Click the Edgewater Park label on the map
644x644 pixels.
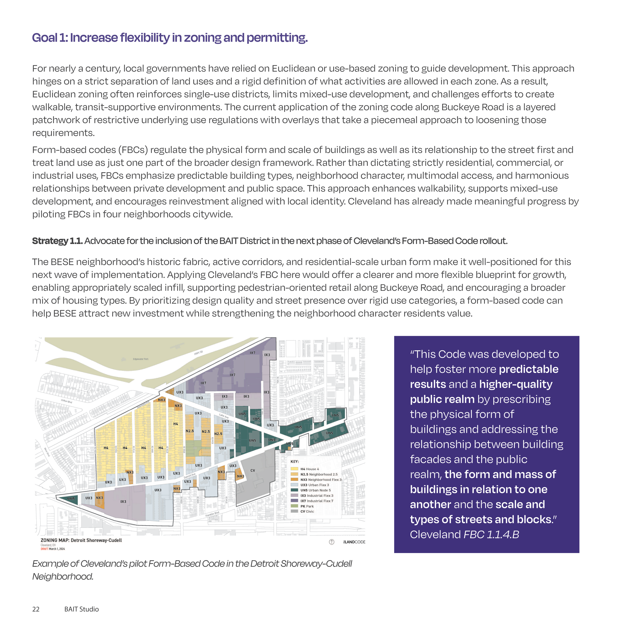(x=141, y=359)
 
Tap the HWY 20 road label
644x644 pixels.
(x=198, y=353)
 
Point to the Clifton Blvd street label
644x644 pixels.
(x=66, y=401)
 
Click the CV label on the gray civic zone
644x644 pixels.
(x=253, y=471)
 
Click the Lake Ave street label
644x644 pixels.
(x=224, y=416)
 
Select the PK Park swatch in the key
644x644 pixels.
(x=294, y=506)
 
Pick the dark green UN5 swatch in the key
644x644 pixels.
(x=294, y=490)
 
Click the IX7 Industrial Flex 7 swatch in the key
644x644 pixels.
(x=294, y=501)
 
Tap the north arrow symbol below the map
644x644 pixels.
(x=332, y=542)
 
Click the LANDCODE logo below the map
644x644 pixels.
(x=355, y=542)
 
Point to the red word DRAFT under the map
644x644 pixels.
(x=44, y=549)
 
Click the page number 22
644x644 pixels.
(x=36, y=609)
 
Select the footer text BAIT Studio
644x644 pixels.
(x=81, y=609)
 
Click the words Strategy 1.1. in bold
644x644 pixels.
(x=57, y=241)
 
